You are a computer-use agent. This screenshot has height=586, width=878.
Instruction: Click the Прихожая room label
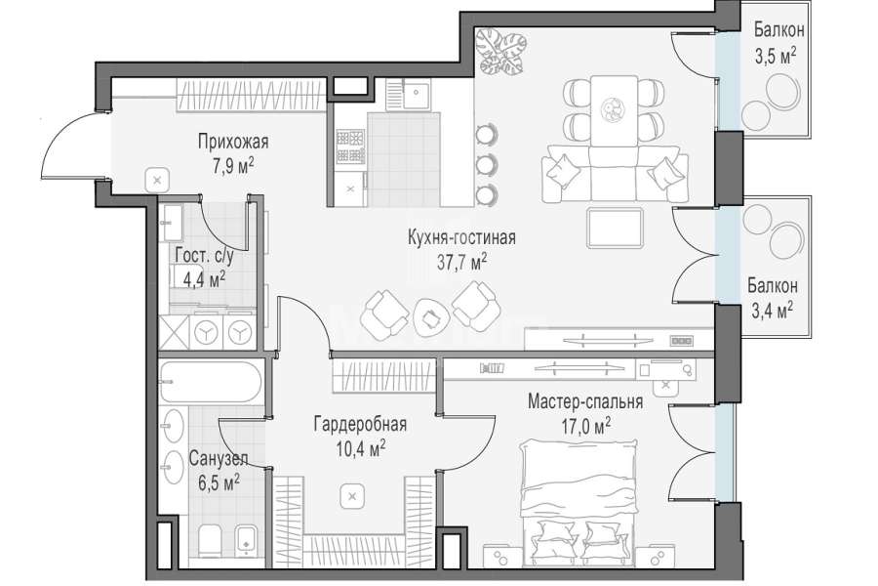[x=233, y=142]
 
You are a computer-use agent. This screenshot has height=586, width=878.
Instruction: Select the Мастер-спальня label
[x=585, y=401]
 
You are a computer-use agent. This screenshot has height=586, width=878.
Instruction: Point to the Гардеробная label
[x=360, y=424]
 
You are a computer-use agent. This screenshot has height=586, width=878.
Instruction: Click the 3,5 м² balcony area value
[x=776, y=56]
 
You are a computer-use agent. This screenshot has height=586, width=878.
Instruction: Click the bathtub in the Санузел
[x=211, y=382]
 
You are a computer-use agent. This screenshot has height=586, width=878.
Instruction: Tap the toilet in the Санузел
[x=210, y=541]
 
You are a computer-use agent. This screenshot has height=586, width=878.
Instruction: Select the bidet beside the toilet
[x=245, y=541]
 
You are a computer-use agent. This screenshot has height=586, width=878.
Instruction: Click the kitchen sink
[x=417, y=95]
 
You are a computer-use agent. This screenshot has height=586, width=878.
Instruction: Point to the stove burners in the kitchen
[x=350, y=146]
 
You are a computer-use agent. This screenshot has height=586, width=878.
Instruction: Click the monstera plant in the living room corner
[x=501, y=52]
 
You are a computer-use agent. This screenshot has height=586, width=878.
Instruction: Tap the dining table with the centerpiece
[x=614, y=111]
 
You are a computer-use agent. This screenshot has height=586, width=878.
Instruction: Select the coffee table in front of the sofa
[x=615, y=228]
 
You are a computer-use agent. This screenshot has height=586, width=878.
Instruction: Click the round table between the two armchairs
[x=430, y=317]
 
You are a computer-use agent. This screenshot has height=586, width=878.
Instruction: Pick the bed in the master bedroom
[x=579, y=501]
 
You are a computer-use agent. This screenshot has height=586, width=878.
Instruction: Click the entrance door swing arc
[x=61, y=130]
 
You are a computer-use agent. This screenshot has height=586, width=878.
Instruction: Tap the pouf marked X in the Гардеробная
[x=351, y=496]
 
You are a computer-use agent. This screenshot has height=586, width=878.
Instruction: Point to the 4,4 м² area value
[x=205, y=278]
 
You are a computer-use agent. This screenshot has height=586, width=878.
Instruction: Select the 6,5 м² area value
[x=219, y=482]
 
